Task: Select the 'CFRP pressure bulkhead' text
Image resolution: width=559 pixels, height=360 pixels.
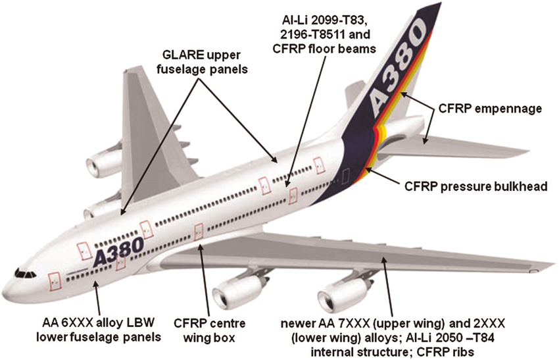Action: [x=476, y=187]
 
